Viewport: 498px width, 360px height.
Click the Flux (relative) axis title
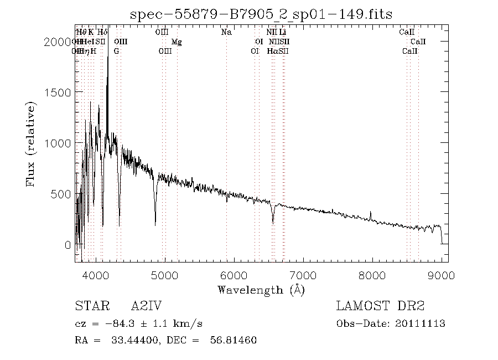coord(32,143)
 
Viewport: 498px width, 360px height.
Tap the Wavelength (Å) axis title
coord(261,290)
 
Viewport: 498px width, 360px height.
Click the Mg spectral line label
coord(176,42)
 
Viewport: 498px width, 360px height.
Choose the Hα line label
coord(272,52)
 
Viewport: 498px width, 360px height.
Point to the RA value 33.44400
coord(118,340)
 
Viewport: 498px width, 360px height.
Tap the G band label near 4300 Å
coord(116,52)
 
